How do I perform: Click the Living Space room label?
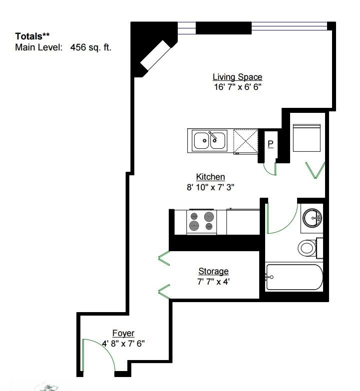[x=237, y=77]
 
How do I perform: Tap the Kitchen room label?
[x=210, y=177]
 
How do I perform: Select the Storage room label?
[x=213, y=271]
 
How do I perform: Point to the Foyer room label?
[x=123, y=333]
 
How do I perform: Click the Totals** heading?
[x=32, y=36]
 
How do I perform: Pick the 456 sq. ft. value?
[x=92, y=47]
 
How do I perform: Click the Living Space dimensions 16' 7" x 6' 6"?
[x=237, y=86]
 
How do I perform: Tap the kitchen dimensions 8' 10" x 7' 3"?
[x=210, y=187]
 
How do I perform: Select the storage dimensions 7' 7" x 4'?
[x=213, y=281]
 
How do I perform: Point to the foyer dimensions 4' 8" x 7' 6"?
[x=123, y=343]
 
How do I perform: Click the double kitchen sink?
[x=209, y=140]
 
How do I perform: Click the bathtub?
[x=295, y=277]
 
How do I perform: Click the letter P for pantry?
[x=271, y=144]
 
